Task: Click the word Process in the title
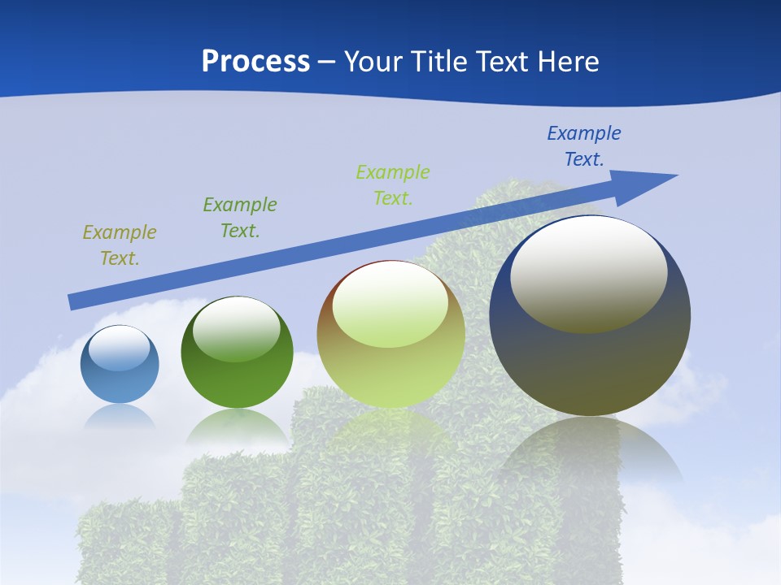255,62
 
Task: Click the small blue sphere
120,364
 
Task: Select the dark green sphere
237,353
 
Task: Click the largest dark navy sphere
590,315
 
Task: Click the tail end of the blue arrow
73,302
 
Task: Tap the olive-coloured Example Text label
120,245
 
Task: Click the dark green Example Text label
240,218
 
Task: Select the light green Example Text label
393,184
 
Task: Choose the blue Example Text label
584,146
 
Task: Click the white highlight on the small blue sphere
120,349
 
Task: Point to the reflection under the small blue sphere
120,417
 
